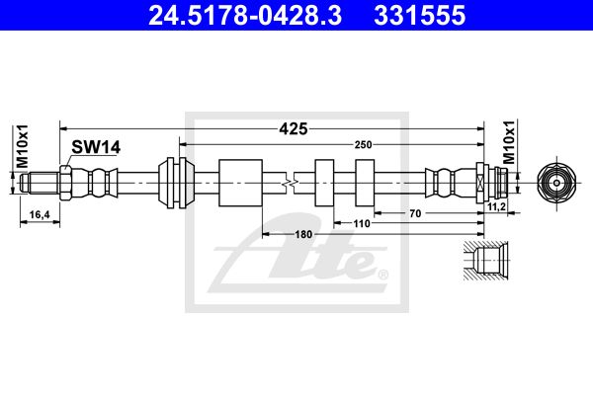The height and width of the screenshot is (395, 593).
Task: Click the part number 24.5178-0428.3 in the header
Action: pos(245,15)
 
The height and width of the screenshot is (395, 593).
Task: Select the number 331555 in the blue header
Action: pos(419,15)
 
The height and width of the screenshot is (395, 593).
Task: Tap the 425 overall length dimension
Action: pos(294,129)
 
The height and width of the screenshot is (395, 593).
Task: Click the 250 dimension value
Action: pos(363,144)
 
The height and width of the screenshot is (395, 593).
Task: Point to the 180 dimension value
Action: pos(303,234)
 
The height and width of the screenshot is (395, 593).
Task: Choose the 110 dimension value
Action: pos(362,223)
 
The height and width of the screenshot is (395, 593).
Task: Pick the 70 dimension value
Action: pos(415,213)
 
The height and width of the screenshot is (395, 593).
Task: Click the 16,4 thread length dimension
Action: pos(40,214)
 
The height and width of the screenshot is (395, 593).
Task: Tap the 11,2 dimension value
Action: pos(496,206)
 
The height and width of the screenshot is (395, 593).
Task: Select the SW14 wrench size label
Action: pos(96,147)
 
